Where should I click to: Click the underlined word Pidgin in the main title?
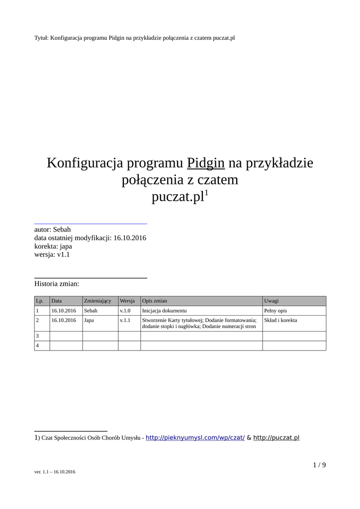click(x=206, y=163)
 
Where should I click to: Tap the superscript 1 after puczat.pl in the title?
click(x=207, y=193)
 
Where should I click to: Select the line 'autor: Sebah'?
click(x=53, y=229)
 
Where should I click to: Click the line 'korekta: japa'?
click(x=53, y=246)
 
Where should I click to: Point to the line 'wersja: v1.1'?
click(x=52, y=254)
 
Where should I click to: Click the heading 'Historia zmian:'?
click(x=57, y=284)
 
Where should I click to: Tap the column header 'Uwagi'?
click(x=271, y=301)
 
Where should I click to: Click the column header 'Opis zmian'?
click(x=155, y=301)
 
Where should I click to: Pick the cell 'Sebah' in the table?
click(x=91, y=311)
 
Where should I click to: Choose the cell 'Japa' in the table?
click(x=89, y=321)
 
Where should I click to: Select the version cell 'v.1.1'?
click(x=125, y=321)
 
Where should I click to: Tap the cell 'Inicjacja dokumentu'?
click(x=164, y=311)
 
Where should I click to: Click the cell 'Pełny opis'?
click(x=275, y=311)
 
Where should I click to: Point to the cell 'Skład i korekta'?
click(x=280, y=321)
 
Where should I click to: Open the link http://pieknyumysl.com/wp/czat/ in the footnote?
click(x=195, y=437)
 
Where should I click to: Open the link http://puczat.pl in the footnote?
click(x=276, y=437)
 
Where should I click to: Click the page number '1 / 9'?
click(x=319, y=465)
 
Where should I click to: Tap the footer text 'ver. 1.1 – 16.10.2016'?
click(x=55, y=472)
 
